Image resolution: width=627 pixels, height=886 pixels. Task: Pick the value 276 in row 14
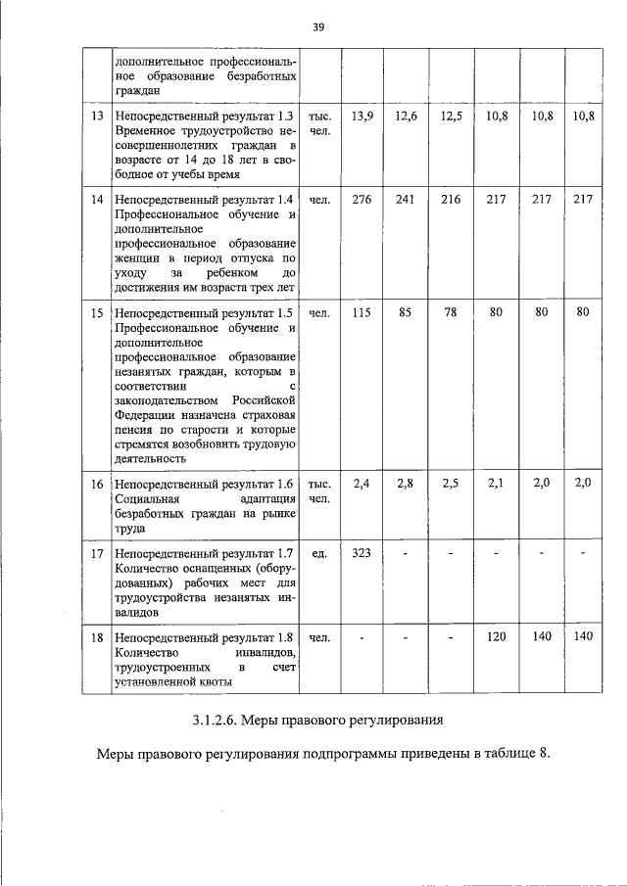(362, 200)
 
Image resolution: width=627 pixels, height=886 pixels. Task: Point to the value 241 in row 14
(406, 200)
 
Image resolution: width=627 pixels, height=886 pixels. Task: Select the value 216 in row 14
(451, 200)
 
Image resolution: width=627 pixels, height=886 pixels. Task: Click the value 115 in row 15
(362, 313)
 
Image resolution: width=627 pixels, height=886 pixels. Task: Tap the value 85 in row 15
(406, 313)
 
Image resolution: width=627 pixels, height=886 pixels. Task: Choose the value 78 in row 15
(451, 313)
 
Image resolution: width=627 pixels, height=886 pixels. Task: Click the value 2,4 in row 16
(362, 483)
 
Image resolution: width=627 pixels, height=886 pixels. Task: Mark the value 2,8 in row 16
(406, 483)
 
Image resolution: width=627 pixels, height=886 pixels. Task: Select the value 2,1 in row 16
(495, 483)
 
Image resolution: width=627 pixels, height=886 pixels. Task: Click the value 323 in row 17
(362, 553)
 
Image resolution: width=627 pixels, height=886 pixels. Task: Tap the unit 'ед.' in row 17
(318, 553)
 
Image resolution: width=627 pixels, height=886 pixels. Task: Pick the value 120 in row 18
(495, 637)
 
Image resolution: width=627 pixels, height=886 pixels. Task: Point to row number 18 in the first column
(97, 637)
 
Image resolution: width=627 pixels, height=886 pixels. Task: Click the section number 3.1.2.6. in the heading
(221, 722)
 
